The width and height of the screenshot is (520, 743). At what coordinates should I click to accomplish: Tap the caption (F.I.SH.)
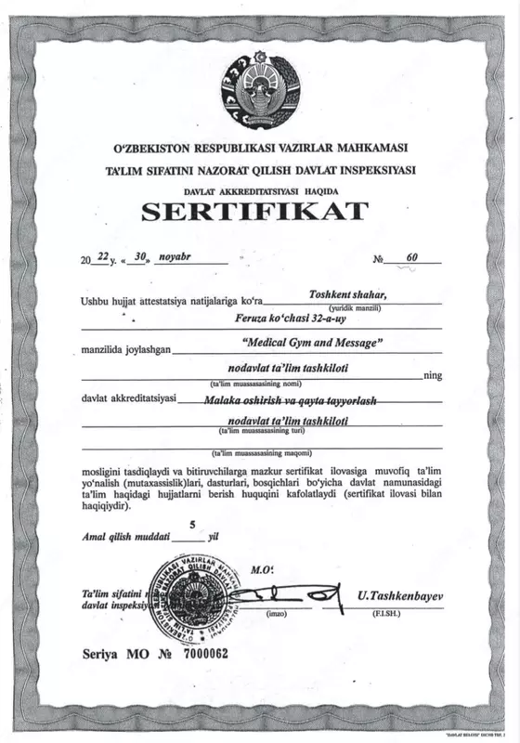[385, 615]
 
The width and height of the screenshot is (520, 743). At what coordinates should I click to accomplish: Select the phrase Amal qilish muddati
[125, 537]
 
